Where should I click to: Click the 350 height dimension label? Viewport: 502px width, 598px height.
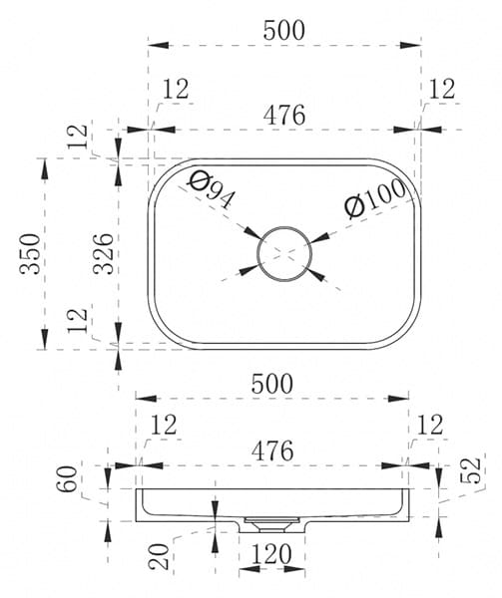[x=30, y=253]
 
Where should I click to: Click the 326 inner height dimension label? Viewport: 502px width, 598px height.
[x=104, y=253]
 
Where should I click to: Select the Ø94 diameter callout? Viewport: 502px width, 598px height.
[x=212, y=190]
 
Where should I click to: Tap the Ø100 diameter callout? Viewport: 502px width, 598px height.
[x=375, y=197]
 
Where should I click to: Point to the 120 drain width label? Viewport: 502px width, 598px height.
[x=271, y=554]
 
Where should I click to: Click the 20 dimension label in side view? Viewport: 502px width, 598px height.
[x=160, y=556]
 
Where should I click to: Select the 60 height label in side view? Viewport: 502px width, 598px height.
[x=67, y=478]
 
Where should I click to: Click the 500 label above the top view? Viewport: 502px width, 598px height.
[x=284, y=31]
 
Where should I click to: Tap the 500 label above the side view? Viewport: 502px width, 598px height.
[x=272, y=384]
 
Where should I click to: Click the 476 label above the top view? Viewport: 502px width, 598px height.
[x=284, y=115]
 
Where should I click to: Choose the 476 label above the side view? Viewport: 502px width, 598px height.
[x=272, y=450]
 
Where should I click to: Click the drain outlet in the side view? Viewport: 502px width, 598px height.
[x=271, y=525]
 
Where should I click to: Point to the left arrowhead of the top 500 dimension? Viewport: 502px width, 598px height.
[x=158, y=45]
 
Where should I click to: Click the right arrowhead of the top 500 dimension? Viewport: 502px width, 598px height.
[x=411, y=45]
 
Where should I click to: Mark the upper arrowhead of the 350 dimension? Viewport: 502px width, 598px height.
[x=45, y=169]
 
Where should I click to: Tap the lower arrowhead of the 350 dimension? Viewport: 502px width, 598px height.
[x=45, y=338]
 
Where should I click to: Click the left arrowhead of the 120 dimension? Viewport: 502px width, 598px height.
[x=250, y=569]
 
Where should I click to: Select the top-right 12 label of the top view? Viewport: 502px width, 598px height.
[x=442, y=90]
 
